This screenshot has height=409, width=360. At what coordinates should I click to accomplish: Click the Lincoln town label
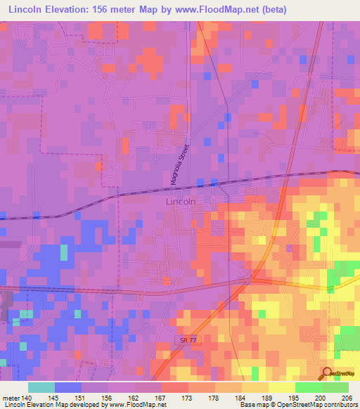pyautogui.click(x=180, y=201)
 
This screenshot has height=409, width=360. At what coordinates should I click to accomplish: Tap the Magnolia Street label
pyautogui.click(x=180, y=166)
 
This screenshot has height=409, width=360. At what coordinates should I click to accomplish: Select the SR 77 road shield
pyautogui.click(x=184, y=339)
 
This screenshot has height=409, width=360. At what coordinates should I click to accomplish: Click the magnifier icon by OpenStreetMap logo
pyautogui.click(x=328, y=372)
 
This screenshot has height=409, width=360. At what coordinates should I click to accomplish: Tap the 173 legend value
pyautogui.click(x=188, y=396)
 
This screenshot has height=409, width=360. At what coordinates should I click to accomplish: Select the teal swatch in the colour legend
pyautogui.click(x=41, y=387)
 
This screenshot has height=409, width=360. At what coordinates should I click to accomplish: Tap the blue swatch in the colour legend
pyautogui.click(x=67, y=387)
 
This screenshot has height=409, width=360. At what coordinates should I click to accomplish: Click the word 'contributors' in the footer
pyautogui.click(x=339, y=405)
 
